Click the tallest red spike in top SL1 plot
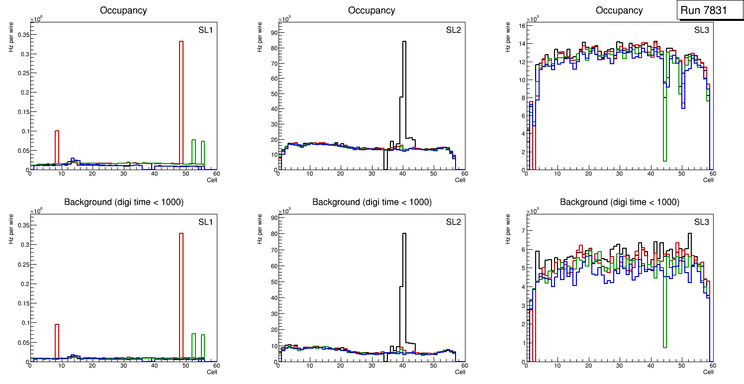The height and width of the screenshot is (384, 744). [x=181, y=99]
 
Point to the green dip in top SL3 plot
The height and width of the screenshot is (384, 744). [x=665, y=124]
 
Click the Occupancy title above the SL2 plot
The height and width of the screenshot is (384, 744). [x=372, y=10]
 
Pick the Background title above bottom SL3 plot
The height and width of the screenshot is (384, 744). [x=619, y=202]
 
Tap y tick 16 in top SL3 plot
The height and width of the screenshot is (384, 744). [x=520, y=26]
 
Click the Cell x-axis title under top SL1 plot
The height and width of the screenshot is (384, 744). [x=212, y=180]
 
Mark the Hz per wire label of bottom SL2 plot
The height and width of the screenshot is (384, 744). [x=260, y=229]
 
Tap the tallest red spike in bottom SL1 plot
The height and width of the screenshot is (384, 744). [x=181, y=293]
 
